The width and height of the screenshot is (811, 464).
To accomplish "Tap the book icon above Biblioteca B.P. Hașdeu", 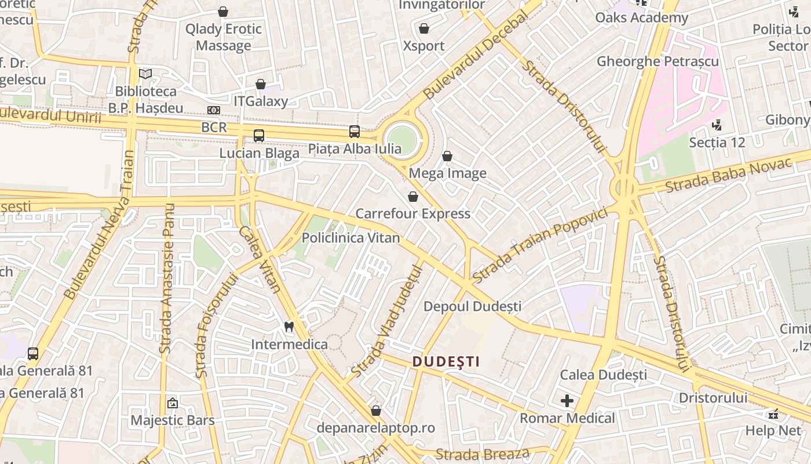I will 145,74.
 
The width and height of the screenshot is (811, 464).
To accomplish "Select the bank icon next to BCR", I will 214,110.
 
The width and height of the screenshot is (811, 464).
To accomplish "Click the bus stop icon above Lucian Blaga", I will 259,136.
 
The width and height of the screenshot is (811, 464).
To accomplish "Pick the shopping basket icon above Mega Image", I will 447,156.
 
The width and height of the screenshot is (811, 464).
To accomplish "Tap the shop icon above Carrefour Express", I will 413,197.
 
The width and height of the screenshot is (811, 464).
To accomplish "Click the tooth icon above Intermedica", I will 289,327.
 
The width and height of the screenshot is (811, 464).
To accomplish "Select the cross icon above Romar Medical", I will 567,401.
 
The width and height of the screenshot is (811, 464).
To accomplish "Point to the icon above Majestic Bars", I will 172,403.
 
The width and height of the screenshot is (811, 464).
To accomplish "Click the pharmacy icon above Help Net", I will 773,414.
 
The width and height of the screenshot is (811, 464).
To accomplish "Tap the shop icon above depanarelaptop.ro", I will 376,411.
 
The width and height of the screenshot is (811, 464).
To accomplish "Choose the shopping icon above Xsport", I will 424,28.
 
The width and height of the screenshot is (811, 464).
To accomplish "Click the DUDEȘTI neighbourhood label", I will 446,362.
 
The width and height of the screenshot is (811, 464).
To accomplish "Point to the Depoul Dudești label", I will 473,306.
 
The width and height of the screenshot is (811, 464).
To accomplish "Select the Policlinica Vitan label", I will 350,238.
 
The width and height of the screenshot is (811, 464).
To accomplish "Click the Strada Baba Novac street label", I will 728,176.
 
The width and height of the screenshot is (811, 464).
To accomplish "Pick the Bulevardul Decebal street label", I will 476,56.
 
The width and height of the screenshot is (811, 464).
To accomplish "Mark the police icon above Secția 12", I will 717,124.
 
